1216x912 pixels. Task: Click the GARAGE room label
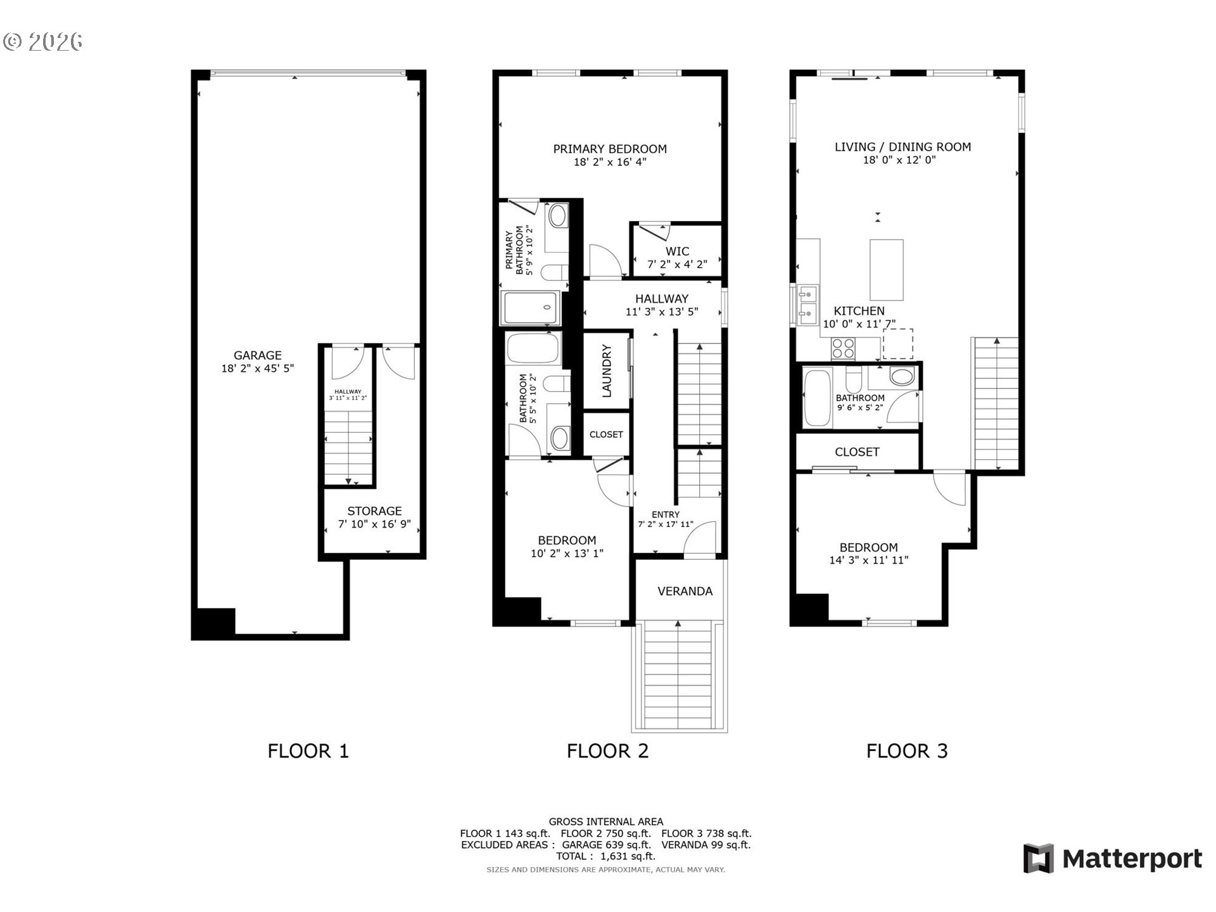point(257,355)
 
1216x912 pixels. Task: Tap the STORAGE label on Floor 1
point(374,510)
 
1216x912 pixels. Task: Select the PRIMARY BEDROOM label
point(609,149)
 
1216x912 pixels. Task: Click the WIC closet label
point(677,251)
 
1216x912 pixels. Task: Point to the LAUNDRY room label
point(606,370)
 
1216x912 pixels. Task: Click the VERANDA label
point(685,591)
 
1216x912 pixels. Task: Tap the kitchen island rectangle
point(886,270)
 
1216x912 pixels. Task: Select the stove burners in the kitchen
point(843,348)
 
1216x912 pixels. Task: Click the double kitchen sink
point(807,302)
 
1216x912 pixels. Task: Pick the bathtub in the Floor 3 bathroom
point(816,398)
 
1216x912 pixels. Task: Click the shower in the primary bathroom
point(531,308)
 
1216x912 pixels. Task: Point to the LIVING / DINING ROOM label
point(902,147)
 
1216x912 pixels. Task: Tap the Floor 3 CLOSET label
point(856,452)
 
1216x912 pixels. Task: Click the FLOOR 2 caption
point(607,751)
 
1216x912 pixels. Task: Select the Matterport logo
point(1112,859)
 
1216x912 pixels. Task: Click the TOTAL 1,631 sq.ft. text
point(605,856)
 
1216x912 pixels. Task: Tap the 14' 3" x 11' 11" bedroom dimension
point(868,560)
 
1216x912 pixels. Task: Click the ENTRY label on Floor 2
point(665,514)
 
